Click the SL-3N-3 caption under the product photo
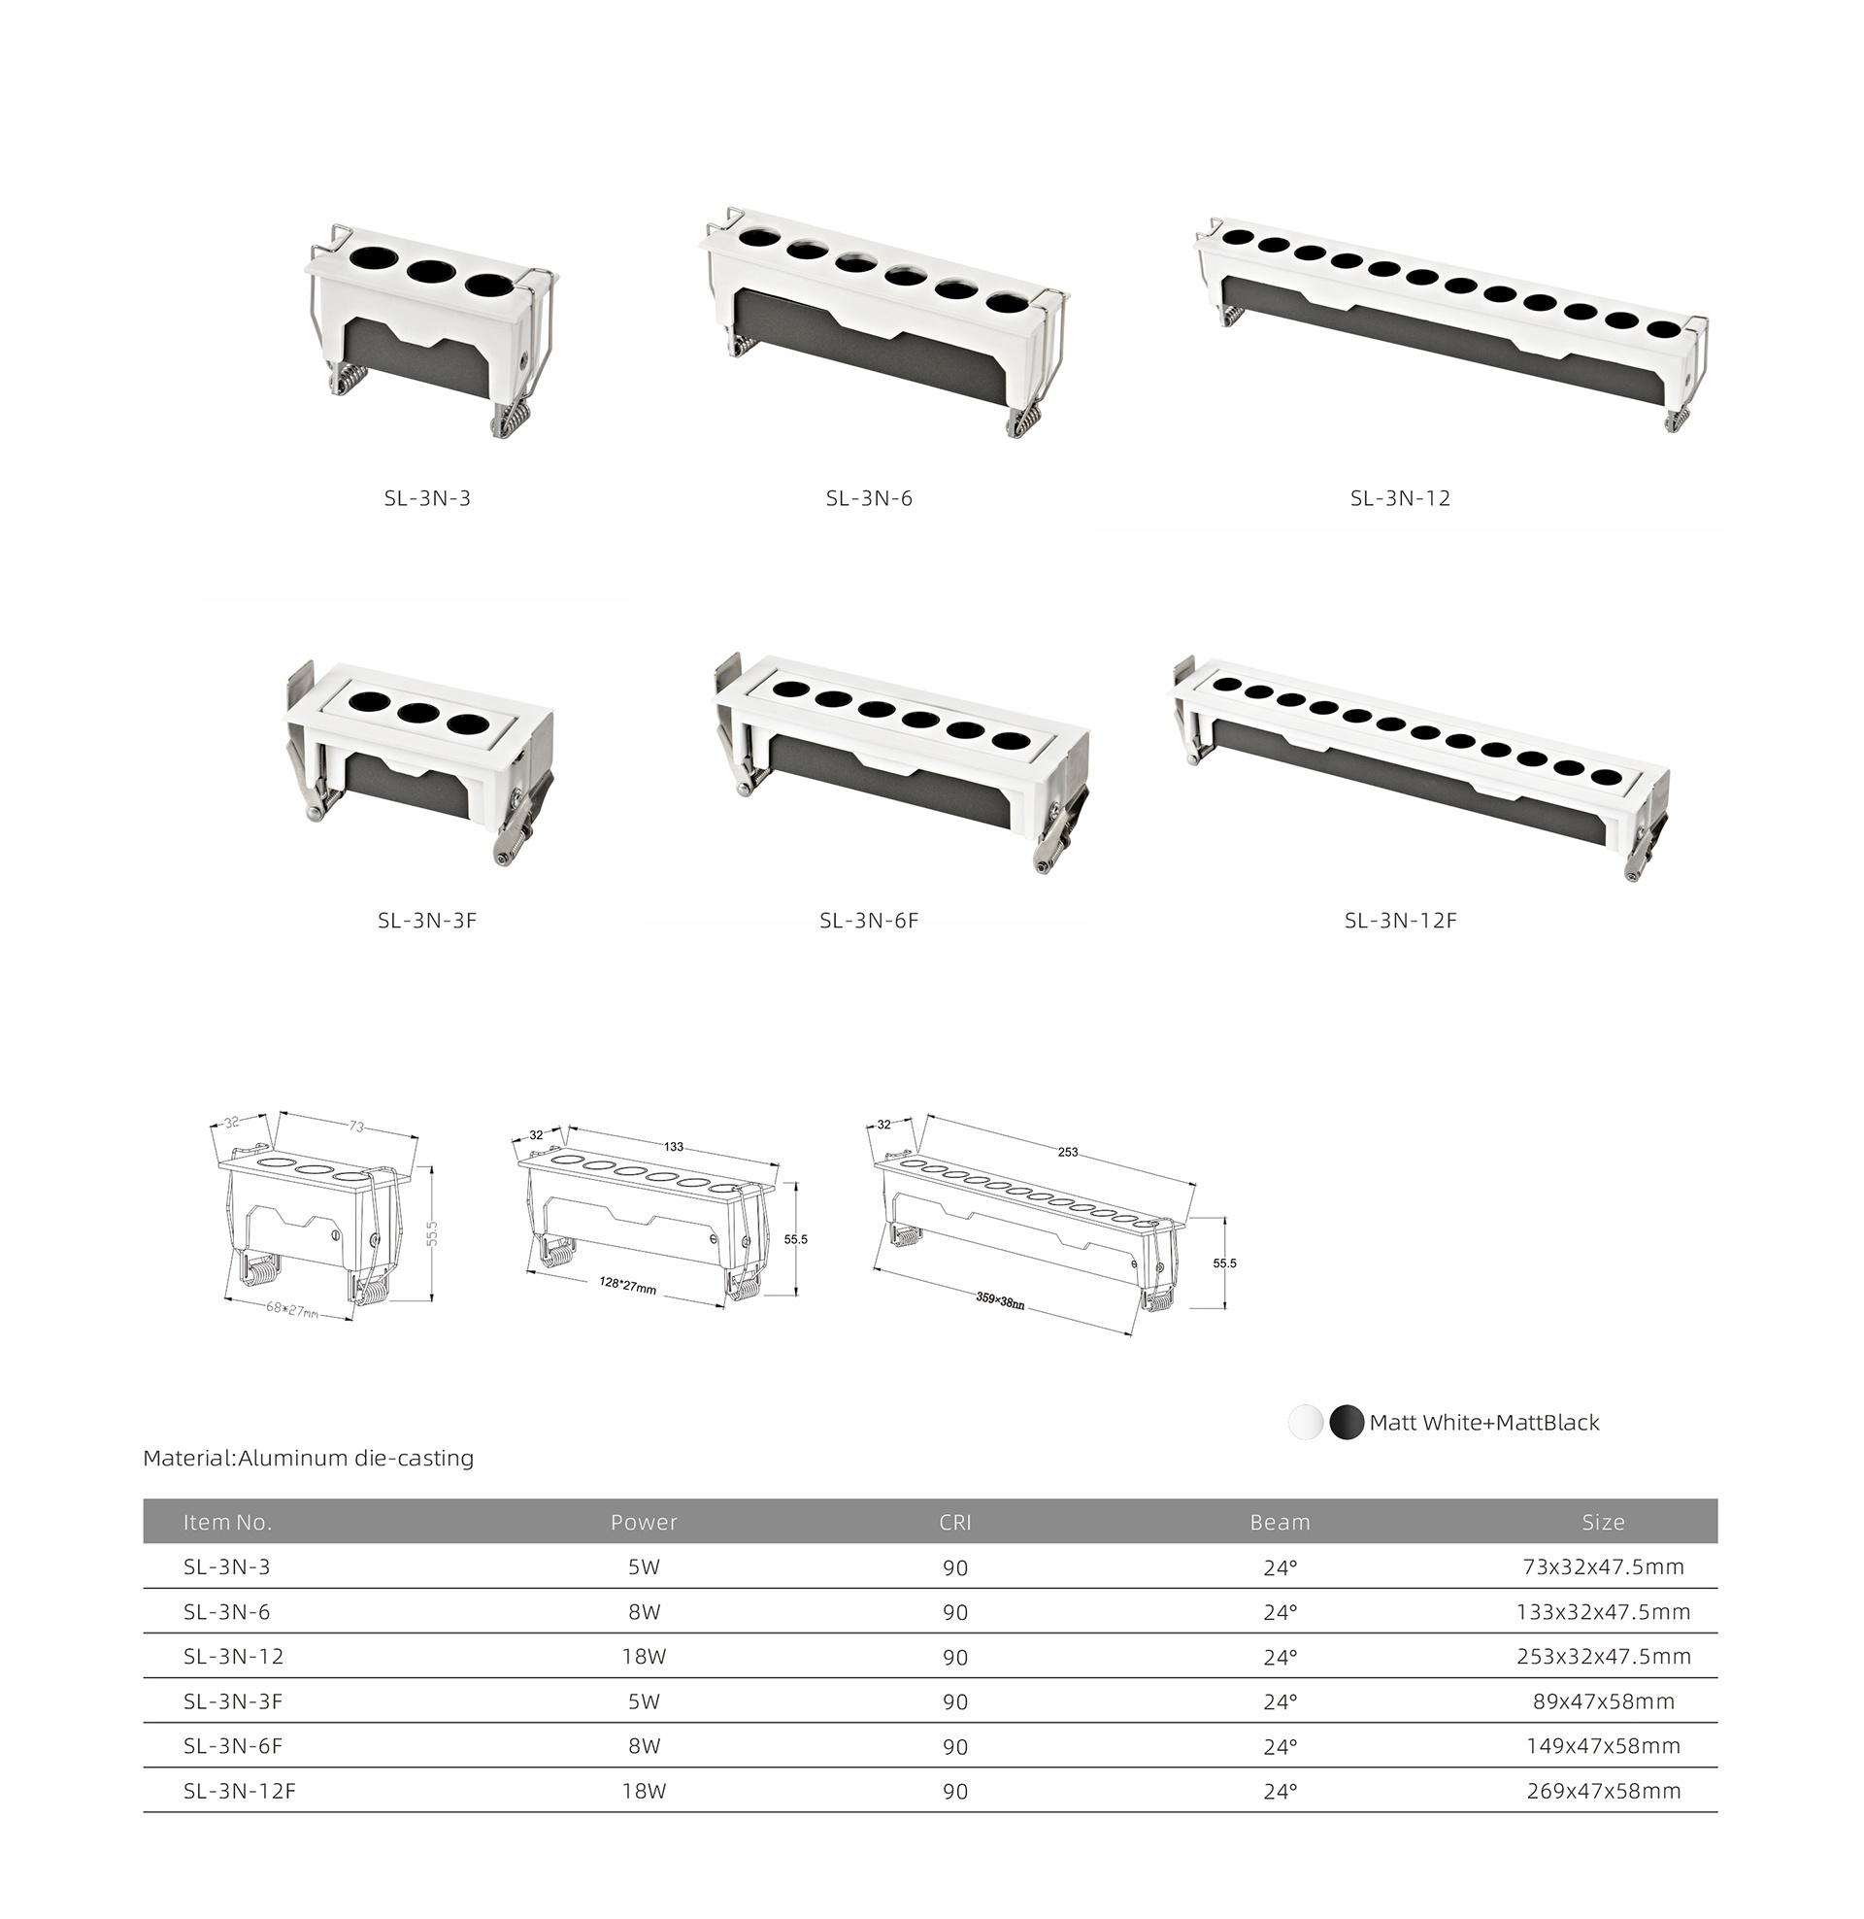point(427,498)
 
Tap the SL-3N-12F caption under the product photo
point(1400,921)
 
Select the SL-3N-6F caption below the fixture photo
point(869,921)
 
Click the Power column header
point(644,1523)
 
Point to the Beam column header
point(1280,1523)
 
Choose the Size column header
point(1604,1523)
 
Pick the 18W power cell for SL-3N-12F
point(645,1792)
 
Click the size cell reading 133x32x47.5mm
point(1604,1611)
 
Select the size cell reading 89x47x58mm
point(1604,1701)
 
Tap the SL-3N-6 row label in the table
point(227,1611)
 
